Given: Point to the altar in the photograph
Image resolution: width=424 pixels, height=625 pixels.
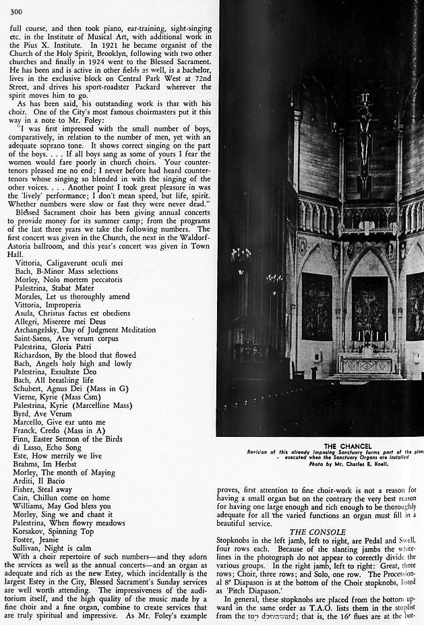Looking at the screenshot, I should [368, 363].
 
